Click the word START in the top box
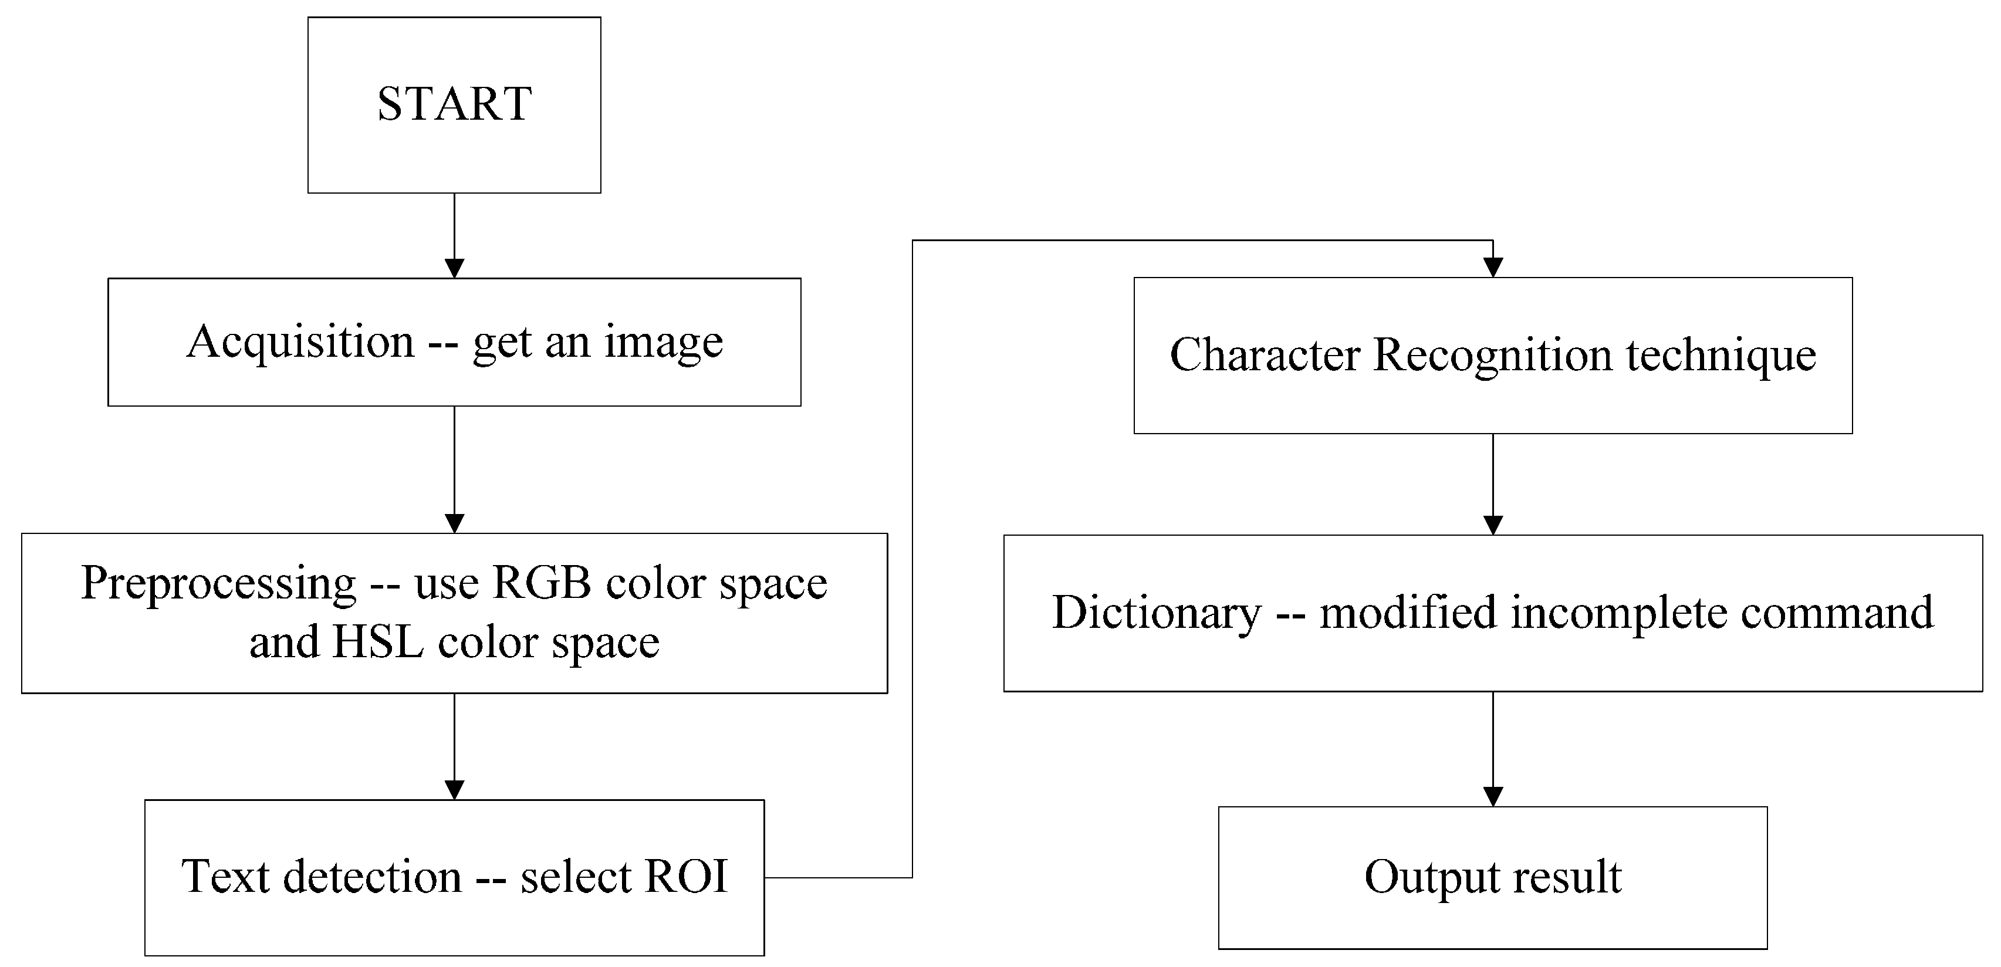click(x=454, y=103)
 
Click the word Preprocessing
click(x=218, y=584)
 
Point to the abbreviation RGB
click(x=542, y=583)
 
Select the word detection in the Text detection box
click(x=372, y=877)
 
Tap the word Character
click(x=1265, y=355)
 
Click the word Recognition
click(x=1492, y=355)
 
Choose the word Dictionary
click(x=1157, y=613)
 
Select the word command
click(x=1837, y=613)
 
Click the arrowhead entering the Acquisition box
click(x=454, y=269)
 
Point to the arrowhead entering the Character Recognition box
click(x=1493, y=268)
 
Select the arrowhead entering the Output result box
click(x=1493, y=797)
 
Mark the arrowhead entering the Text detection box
click(x=454, y=790)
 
